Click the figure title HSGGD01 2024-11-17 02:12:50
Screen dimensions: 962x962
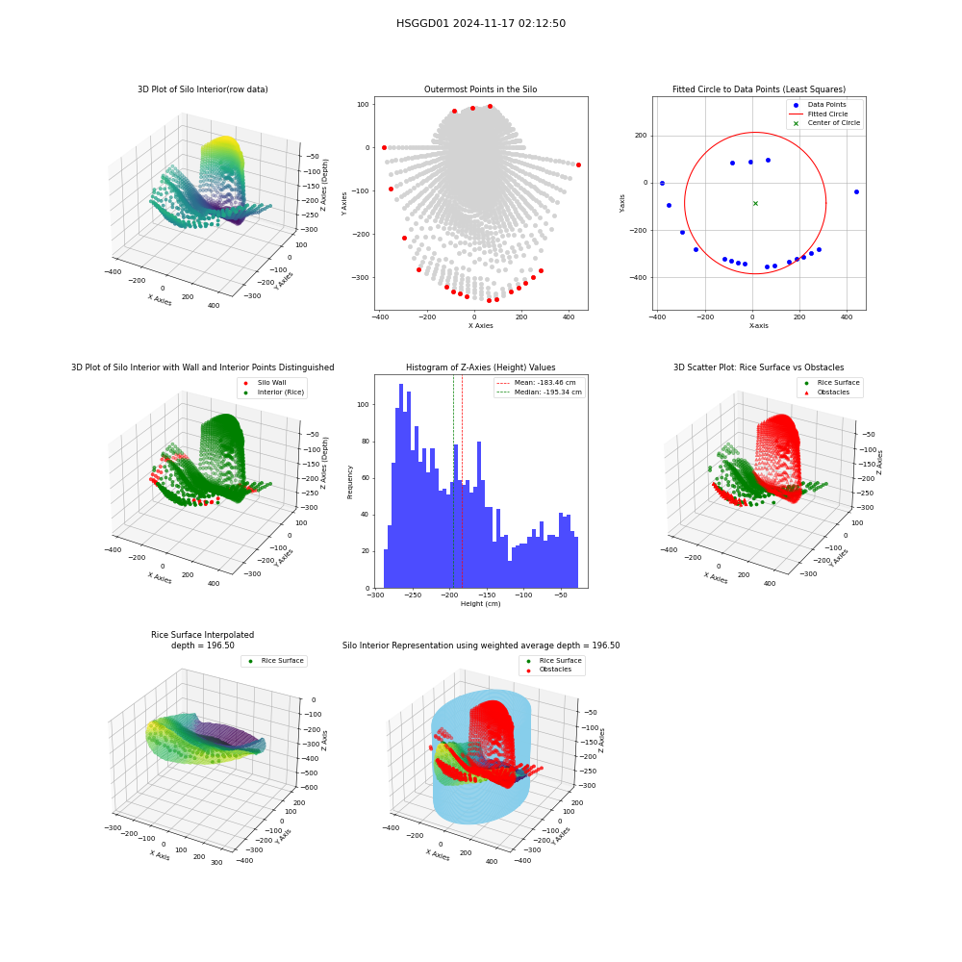tap(480, 23)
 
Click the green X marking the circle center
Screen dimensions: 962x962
tap(755, 203)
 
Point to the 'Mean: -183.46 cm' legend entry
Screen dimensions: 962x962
tap(539, 382)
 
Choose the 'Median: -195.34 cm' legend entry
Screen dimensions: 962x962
tap(539, 392)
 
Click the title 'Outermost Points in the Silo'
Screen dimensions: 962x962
tap(480, 89)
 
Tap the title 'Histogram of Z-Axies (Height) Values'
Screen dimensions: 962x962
tap(480, 367)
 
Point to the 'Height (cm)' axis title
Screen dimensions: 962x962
tap(480, 604)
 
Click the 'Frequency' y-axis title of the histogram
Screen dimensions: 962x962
tap(350, 482)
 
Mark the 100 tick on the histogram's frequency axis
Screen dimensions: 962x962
tap(364, 404)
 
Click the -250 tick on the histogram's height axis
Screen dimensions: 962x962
tap(413, 595)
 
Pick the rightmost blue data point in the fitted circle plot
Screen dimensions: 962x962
tap(856, 192)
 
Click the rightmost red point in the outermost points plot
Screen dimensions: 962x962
tap(578, 165)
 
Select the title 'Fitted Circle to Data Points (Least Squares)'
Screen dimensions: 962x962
tap(759, 89)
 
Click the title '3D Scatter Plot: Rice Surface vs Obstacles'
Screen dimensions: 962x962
tap(759, 367)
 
